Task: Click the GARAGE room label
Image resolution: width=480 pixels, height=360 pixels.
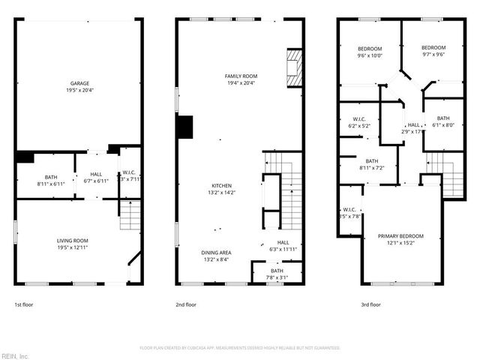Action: coord(79,83)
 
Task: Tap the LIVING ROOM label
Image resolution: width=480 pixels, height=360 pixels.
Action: coord(78,241)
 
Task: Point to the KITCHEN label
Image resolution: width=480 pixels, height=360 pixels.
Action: coord(220,185)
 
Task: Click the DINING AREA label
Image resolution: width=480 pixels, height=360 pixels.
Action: coord(215,253)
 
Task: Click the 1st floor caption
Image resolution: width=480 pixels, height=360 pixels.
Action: coord(23,304)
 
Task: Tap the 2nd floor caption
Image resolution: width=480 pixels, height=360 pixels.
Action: coord(186,304)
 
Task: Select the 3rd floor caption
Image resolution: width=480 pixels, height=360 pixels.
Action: coord(370,304)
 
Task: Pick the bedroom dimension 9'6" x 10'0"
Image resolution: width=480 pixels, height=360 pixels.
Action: coord(369,55)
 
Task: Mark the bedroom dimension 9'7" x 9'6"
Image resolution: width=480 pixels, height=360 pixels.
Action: coord(433,55)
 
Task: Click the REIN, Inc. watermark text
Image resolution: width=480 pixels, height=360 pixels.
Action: coord(15,355)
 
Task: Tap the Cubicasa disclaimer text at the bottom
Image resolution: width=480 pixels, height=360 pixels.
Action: coord(239,348)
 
